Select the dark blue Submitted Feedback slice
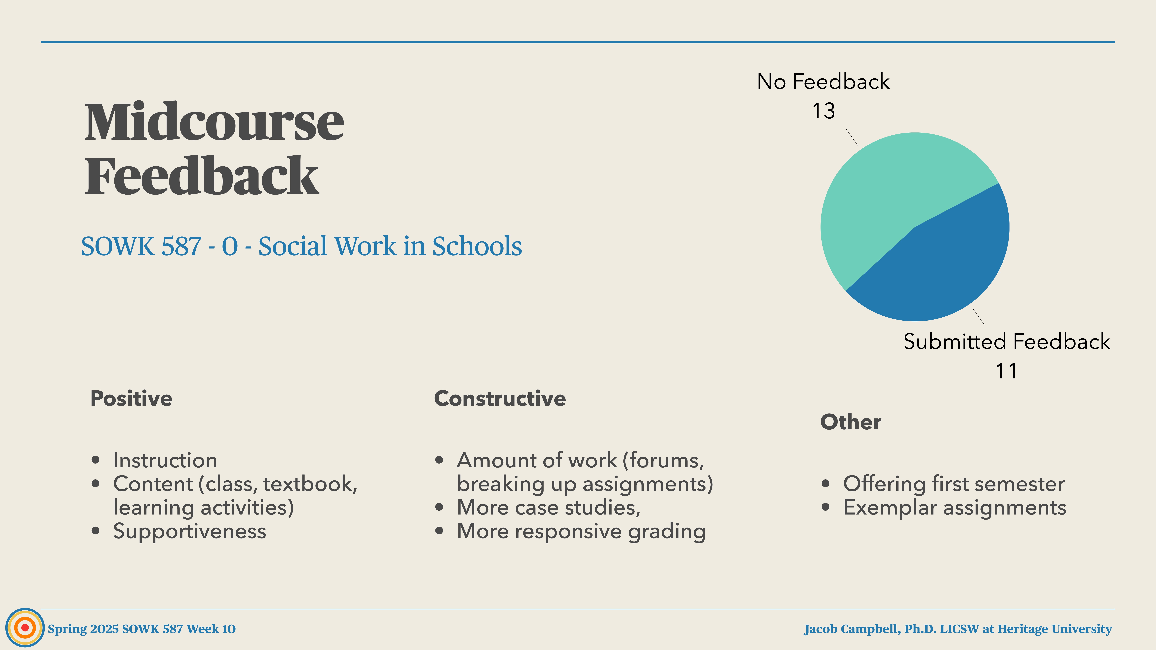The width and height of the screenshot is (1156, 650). pyautogui.click(x=942, y=269)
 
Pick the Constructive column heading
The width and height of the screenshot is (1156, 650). pyautogui.click(x=500, y=398)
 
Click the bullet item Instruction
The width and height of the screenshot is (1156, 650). pyautogui.click(x=165, y=460)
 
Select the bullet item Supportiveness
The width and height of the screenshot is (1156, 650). pyautogui.click(x=189, y=531)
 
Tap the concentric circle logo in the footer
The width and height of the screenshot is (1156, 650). pyautogui.click(x=25, y=628)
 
